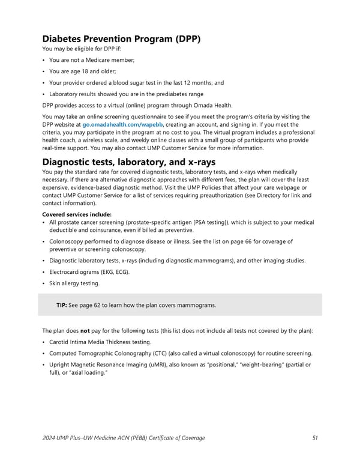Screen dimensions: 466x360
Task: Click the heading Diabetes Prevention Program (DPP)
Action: tap(121, 40)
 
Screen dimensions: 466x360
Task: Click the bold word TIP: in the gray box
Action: tap(62, 305)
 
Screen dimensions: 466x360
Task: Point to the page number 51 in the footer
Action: tap(316, 438)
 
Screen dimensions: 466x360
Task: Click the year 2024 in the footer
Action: tap(50, 438)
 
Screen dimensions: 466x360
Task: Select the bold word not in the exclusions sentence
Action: tap(85, 331)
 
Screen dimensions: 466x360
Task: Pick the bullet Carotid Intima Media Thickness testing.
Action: tap(100, 342)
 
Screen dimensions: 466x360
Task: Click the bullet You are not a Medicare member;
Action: tap(92, 60)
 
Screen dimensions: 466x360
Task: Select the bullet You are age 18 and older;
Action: tap(83, 71)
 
